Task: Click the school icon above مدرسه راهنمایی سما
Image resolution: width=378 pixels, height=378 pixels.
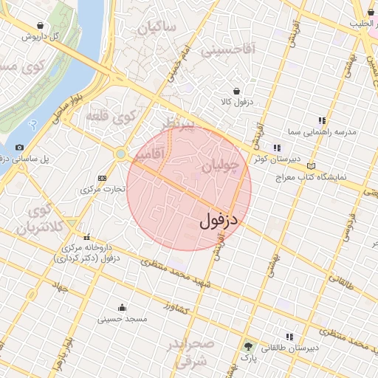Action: tap(321, 120)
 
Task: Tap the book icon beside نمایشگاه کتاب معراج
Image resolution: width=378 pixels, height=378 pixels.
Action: tap(311, 167)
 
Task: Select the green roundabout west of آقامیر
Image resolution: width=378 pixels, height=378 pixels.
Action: tap(120, 154)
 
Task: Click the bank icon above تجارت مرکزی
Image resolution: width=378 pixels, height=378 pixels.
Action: tap(101, 178)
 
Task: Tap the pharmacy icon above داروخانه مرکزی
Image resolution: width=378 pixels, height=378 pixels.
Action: tap(87, 238)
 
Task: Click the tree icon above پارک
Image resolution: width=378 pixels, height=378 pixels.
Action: tap(247, 346)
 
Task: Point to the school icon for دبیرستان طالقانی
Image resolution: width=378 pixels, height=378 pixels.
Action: tap(289, 336)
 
